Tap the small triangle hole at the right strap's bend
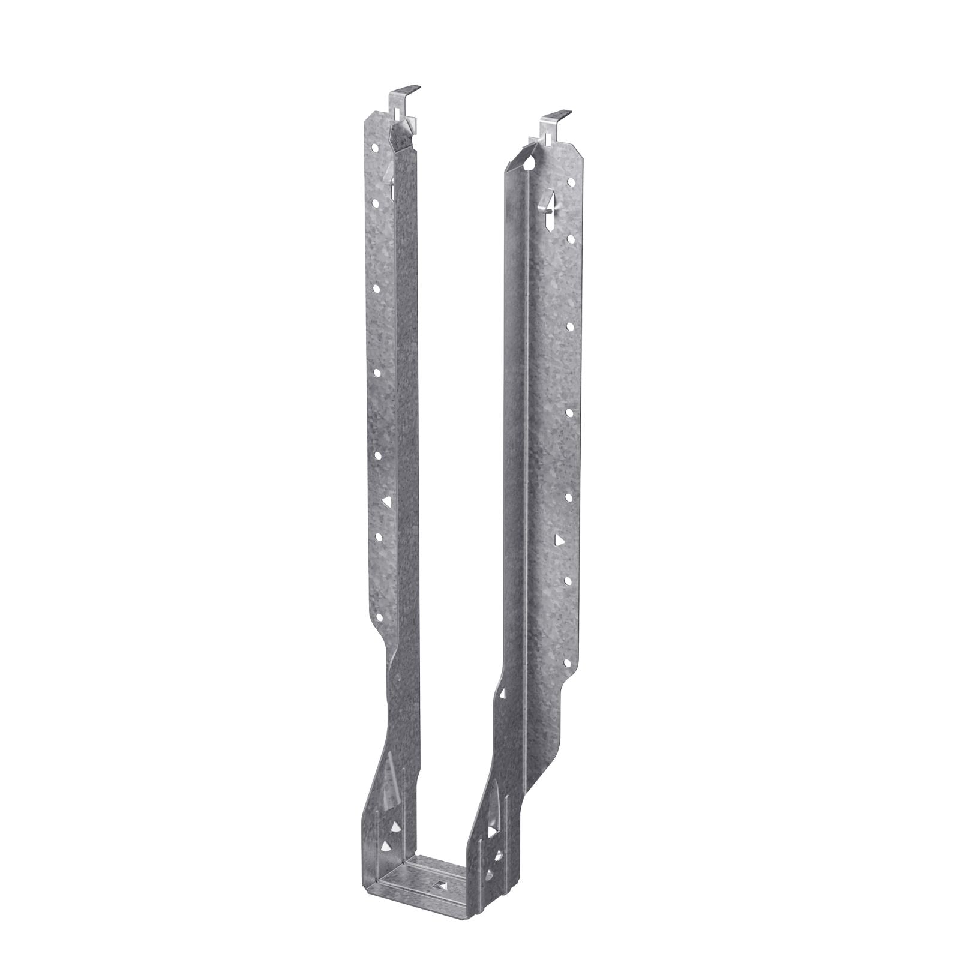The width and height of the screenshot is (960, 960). pos(501,694)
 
